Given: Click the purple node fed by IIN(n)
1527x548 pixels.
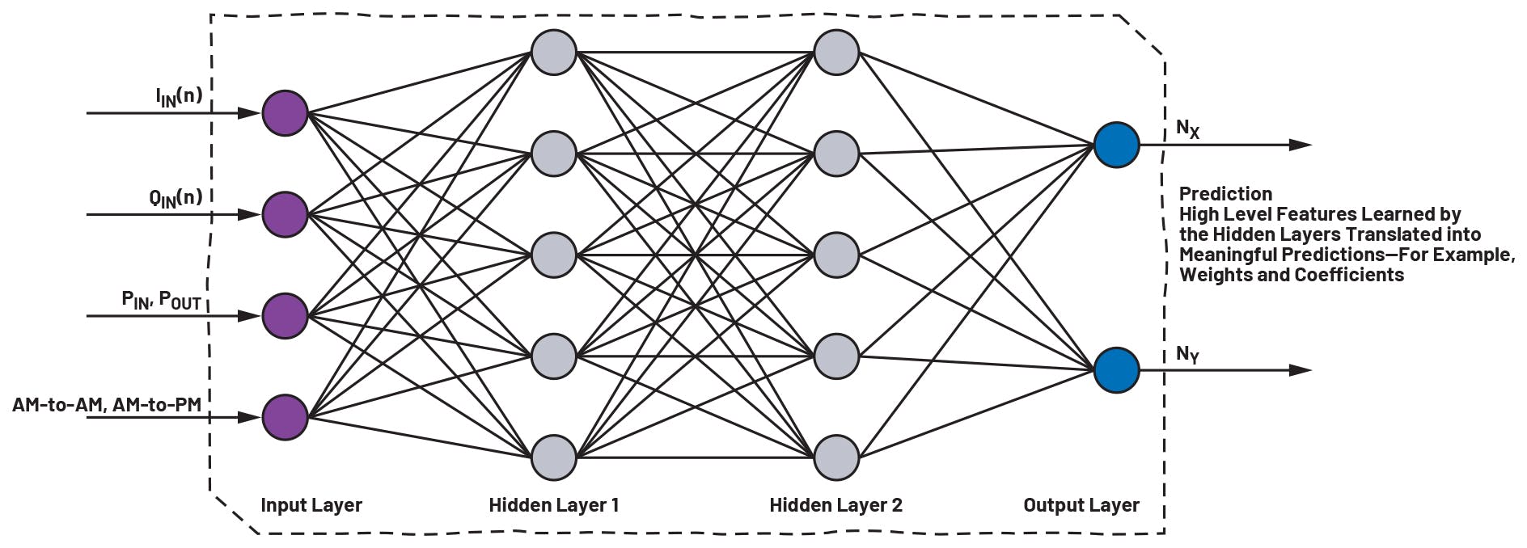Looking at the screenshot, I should click(x=285, y=113).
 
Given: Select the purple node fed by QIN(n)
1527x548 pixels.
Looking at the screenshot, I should click(x=285, y=215).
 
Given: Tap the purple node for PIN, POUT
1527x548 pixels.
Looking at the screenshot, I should click(x=285, y=316).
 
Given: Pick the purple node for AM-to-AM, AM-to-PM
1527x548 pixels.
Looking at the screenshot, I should click(x=285, y=417).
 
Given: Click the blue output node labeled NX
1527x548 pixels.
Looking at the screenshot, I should click(x=1116, y=145).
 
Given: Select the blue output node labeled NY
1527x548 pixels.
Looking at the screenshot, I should click(x=1116, y=370).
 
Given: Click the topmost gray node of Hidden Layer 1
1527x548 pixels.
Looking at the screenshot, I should click(x=553, y=53).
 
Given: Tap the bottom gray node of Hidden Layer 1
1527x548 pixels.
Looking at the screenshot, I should click(x=553, y=457).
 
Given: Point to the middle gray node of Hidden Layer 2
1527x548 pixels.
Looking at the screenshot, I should click(x=835, y=255).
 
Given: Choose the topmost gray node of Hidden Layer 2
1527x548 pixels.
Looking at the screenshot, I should click(x=835, y=53).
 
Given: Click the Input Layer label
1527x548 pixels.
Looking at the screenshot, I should click(x=311, y=506).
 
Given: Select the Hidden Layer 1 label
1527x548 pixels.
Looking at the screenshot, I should click(x=554, y=506).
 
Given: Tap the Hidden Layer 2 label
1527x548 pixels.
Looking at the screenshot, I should click(x=835, y=506).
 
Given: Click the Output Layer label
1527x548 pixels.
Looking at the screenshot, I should click(x=1081, y=506).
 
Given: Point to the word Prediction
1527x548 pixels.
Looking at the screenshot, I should click(x=1225, y=194).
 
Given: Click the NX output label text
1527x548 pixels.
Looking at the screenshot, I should click(x=1187, y=129).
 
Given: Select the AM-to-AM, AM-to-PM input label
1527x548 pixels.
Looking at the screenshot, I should click(x=107, y=404).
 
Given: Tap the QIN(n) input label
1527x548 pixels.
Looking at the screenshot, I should click(x=176, y=197).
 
